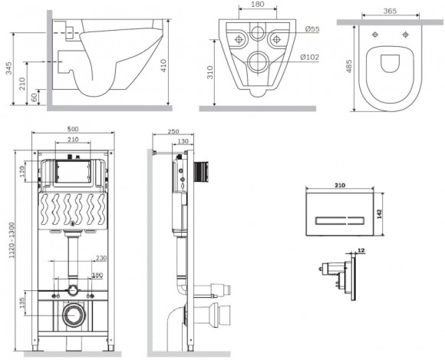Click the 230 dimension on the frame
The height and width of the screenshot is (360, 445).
pos(100,259)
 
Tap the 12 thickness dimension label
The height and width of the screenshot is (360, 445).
pos(361,250)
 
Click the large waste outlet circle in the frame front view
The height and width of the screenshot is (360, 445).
pos(74,315)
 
